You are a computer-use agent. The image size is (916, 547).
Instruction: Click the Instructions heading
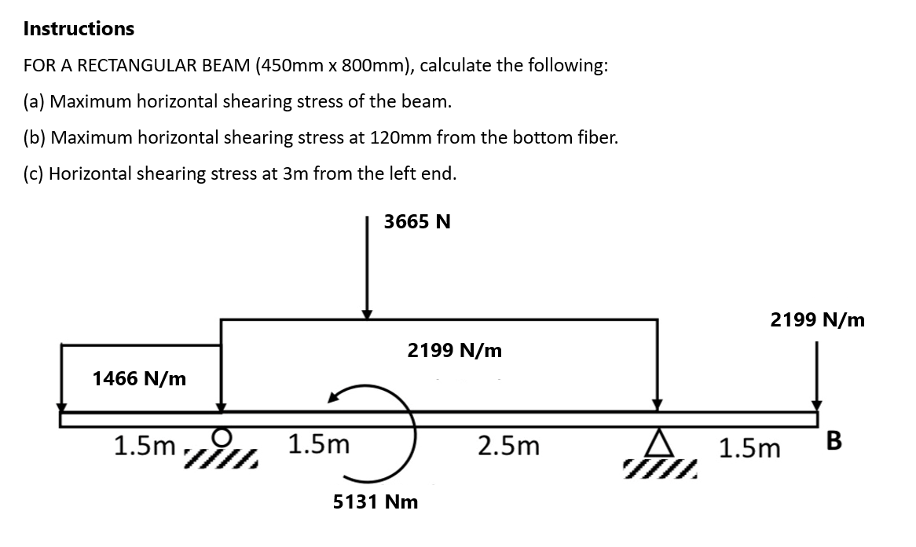click(79, 29)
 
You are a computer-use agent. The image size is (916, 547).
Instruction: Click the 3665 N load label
click(417, 222)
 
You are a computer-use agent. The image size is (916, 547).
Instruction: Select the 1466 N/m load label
click(139, 379)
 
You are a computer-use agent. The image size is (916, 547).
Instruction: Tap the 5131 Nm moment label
click(376, 501)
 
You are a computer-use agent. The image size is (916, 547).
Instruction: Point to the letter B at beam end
click(834, 442)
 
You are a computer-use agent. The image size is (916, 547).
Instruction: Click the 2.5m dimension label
click(509, 446)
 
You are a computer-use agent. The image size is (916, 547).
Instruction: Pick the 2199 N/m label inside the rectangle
click(454, 350)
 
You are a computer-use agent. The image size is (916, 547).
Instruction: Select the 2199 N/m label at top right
click(817, 319)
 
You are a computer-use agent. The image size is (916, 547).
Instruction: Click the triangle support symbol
click(658, 445)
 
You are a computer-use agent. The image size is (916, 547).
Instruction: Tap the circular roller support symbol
click(223, 436)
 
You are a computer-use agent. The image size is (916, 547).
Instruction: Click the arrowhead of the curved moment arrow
click(334, 398)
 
